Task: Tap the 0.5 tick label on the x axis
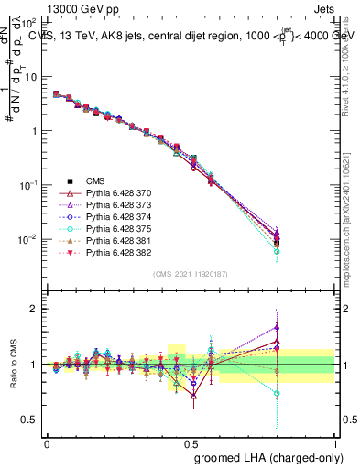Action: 191,442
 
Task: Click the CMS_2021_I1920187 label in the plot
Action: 191,274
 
